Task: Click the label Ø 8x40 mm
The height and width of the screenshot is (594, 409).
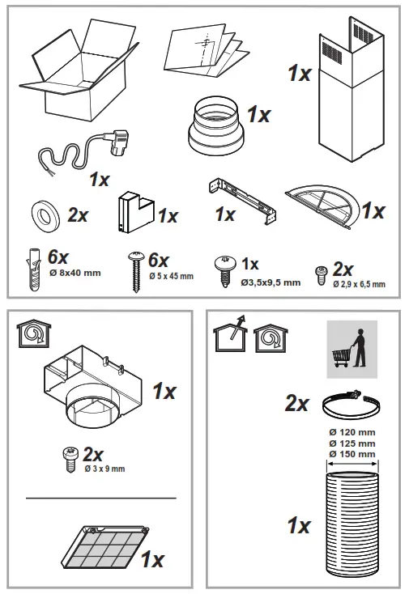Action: [75, 273]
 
